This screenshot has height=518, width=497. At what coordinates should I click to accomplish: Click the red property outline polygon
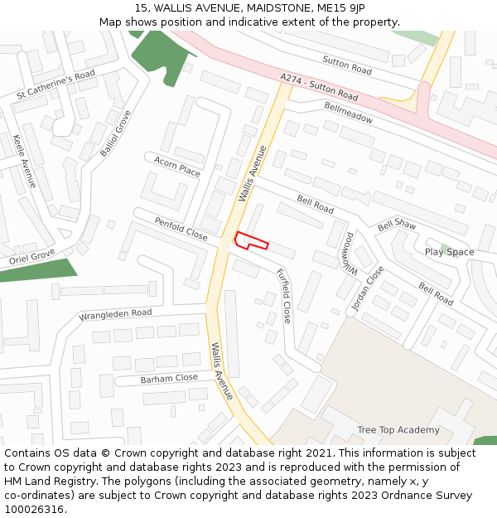251,241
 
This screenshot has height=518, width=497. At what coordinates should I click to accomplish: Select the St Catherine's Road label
55,85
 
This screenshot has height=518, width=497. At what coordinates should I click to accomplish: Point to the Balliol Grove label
115,133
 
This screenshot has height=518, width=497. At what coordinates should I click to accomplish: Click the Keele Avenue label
25,161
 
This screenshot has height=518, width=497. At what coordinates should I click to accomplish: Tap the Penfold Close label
181,229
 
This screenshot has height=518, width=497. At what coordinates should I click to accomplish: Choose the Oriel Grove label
31,257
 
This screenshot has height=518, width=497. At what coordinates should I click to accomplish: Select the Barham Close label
169,378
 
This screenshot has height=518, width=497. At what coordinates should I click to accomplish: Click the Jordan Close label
367,288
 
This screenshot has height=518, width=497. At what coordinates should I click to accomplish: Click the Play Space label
449,252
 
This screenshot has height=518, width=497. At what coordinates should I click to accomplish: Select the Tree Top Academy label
398,430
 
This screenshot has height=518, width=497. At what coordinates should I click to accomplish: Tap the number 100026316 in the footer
34,510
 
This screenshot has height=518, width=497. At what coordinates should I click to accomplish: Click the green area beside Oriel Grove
37,270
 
